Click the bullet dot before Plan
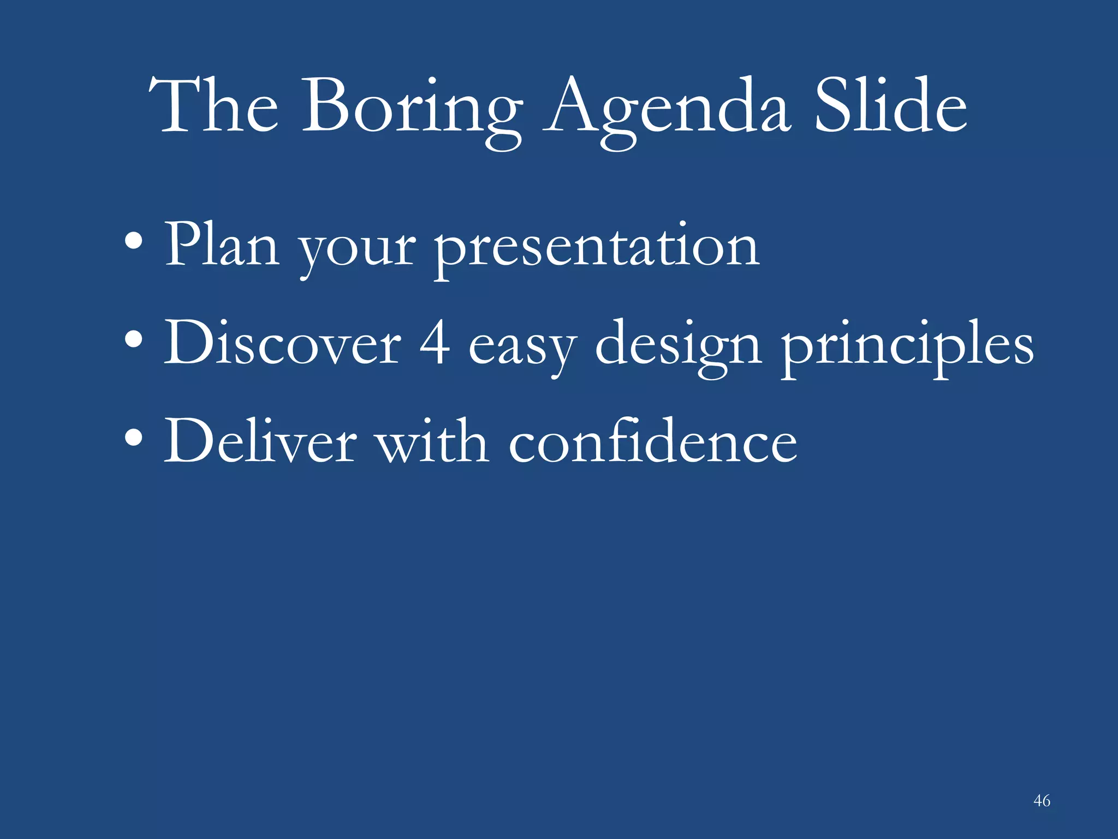134,241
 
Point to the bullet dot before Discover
134,339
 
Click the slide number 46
1042,801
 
